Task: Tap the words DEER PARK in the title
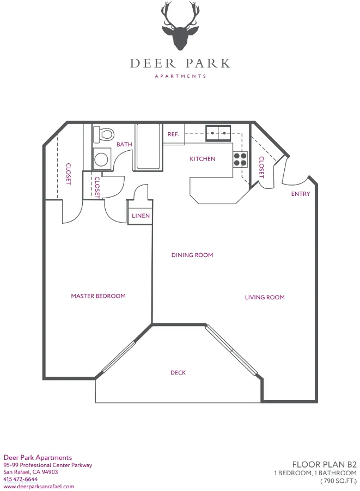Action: pos(180,63)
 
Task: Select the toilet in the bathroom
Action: pos(103,133)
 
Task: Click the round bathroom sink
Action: pos(101,158)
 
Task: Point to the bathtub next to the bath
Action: pos(148,147)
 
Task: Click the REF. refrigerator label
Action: pos(174,134)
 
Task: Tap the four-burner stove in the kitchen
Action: pos(240,158)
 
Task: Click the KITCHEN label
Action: pos(202,159)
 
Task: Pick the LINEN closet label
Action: pos(141,216)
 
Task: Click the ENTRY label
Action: pos(301,194)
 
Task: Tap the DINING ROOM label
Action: pos(192,255)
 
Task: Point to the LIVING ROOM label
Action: pos(265,297)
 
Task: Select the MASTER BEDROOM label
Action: pos(98,296)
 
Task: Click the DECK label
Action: pos(178,373)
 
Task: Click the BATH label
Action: pos(124,144)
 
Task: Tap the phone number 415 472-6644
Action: pos(21,479)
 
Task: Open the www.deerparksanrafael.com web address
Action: pos(39,486)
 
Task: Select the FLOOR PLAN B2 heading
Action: pos(324,464)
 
